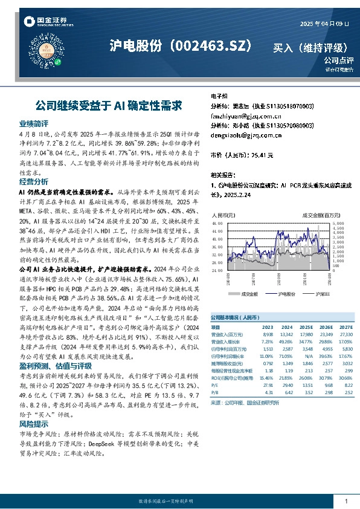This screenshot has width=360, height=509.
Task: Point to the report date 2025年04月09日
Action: coord(324,24)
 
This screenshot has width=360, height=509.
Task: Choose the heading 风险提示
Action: coord(34,424)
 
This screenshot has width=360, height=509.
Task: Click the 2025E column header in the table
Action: coord(307,326)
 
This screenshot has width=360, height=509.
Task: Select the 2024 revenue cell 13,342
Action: coord(286,334)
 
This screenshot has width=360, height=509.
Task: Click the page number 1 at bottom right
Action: coord(346,501)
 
